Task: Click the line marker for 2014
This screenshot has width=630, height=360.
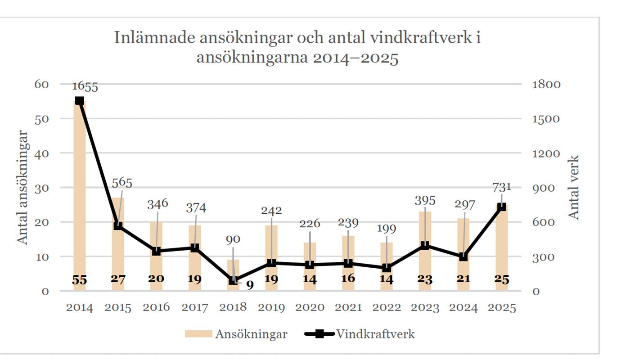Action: [x=80, y=101]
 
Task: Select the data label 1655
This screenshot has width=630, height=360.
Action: [x=85, y=86]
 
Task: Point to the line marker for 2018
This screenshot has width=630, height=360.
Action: [x=233, y=280]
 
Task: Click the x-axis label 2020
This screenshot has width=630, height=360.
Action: [x=310, y=307]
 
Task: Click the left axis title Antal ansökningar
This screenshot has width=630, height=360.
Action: [x=23, y=187]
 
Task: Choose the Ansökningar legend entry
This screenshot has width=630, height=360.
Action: [x=236, y=334]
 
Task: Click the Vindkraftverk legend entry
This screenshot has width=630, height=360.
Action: [x=360, y=334]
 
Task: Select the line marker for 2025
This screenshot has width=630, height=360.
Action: [x=502, y=207]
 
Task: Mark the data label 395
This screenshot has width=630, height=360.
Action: [x=425, y=200]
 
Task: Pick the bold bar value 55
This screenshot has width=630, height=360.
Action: [x=80, y=279]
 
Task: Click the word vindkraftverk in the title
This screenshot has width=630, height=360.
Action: [x=422, y=38]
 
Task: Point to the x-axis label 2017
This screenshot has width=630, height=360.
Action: [x=195, y=307]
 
